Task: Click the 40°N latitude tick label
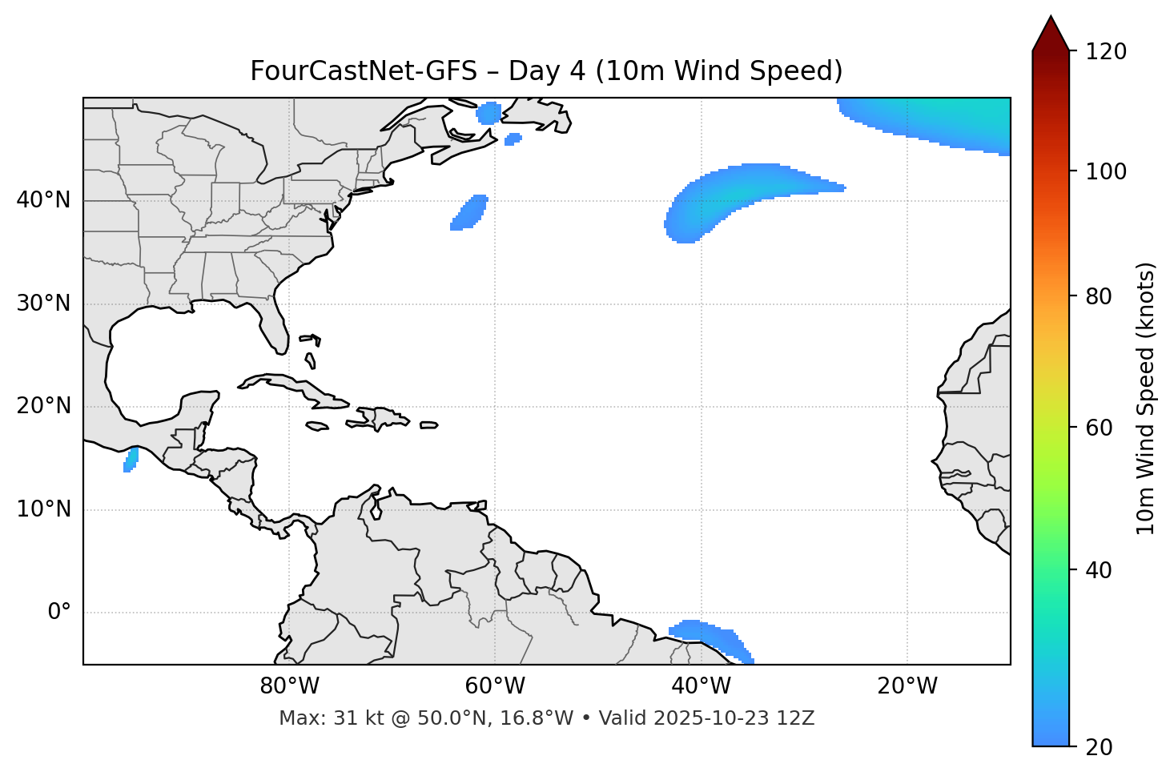coord(43,200)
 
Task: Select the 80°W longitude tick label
coord(289,686)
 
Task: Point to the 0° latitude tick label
coord(59,613)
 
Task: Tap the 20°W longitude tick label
coord(907,686)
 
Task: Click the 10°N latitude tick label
coord(43,509)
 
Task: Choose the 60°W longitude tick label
coord(495,686)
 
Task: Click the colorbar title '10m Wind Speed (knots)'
coord(1145,398)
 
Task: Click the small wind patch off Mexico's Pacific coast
coord(131,460)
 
